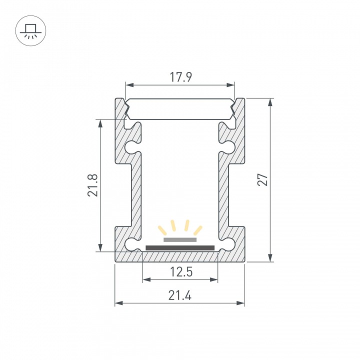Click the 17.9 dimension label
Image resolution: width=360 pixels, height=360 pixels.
coord(180,77)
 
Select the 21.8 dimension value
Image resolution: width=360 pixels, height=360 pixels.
coord(93,185)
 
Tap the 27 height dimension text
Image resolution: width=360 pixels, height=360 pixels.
coord(262,179)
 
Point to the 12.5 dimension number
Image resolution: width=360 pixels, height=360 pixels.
coord(181,272)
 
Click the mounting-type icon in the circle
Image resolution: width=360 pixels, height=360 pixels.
coord(31,31)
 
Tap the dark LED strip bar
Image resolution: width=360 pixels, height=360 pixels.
coord(180,247)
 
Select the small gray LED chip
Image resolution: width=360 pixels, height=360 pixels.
coord(180,239)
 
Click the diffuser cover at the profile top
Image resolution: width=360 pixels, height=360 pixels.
coord(180,109)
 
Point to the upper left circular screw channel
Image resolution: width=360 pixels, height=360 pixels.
coord(131,147)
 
